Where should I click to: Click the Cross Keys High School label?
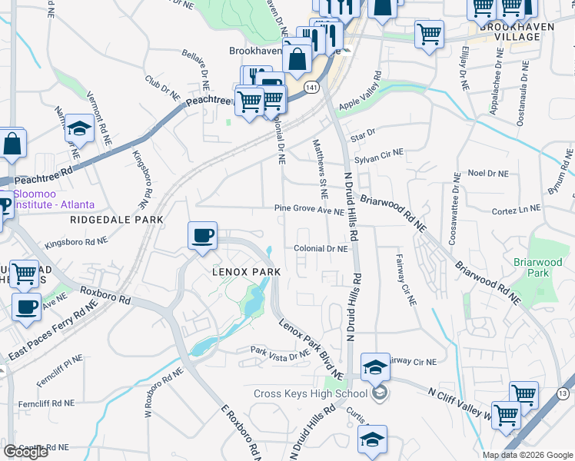[311, 394]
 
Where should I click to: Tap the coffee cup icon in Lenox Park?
[203, 236]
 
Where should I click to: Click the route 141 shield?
[311, 88]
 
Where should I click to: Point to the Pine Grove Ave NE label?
[310, 210]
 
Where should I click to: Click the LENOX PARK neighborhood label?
[245, 272]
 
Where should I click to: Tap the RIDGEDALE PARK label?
[117, 220]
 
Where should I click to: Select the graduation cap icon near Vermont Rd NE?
[79, 130]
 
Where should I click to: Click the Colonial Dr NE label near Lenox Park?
[321, 248]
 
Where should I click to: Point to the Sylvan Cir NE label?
[379, 154]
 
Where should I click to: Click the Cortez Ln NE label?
[516, 209]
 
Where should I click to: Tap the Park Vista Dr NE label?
[280, 350]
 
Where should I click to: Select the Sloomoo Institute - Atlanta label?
[54, 200]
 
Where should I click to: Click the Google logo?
[25, 452]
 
